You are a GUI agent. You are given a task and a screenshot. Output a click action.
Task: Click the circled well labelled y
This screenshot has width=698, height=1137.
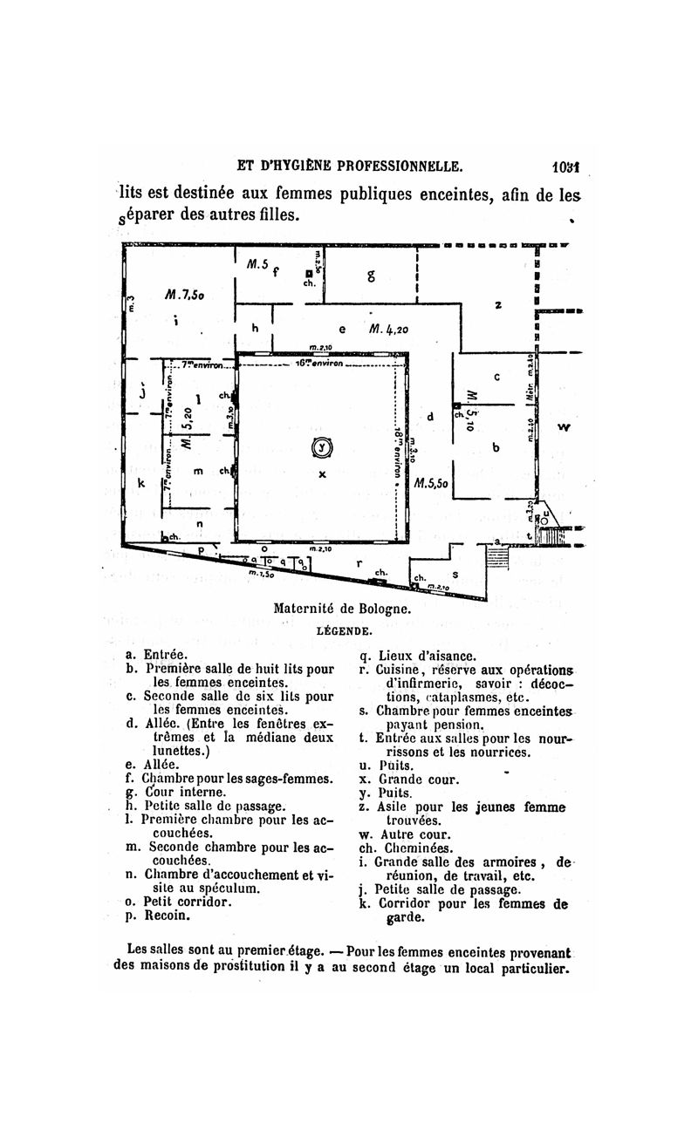point(324,447)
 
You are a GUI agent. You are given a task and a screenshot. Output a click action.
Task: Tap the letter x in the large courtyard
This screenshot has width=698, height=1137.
point(323,473)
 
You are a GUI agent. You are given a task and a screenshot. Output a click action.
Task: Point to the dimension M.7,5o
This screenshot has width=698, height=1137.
point(184,295)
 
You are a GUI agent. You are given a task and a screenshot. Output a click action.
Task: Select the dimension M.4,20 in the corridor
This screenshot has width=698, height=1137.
point(389,330)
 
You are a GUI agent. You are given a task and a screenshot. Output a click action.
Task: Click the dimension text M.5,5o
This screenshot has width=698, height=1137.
point(431,482)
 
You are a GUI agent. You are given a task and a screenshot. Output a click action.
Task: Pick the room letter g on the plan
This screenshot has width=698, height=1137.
point(372,276)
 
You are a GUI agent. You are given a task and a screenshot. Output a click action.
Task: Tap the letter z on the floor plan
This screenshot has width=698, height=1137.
point(498,304)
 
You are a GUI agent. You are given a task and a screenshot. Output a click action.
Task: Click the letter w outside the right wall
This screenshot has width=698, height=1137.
point(564,426)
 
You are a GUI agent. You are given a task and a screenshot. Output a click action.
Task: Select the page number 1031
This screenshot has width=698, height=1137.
point(567,167)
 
